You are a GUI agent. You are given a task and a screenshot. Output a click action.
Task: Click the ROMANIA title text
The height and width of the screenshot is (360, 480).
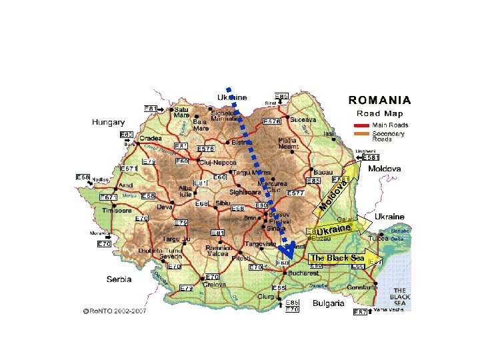(x=379, y=101)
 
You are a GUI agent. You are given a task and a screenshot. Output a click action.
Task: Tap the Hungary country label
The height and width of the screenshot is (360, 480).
(x=108, y=123)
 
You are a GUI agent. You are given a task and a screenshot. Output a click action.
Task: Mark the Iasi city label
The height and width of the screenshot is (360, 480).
(x=329, y=134)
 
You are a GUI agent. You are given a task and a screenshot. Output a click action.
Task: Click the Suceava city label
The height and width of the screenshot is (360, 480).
(x=303, y=119)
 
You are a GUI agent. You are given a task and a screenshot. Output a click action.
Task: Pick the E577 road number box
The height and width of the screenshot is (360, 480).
(x=295, y=193)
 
